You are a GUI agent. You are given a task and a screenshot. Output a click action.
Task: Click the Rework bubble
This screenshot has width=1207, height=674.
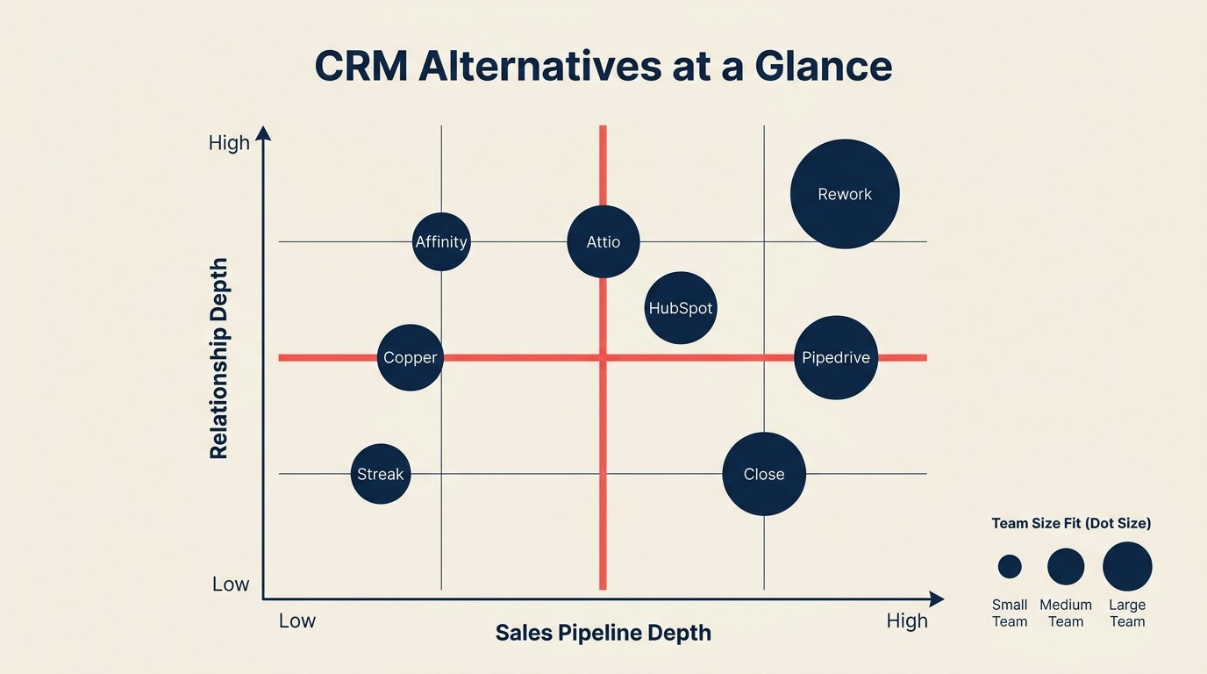845,194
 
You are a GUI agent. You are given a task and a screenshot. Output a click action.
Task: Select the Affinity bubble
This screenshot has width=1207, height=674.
441,241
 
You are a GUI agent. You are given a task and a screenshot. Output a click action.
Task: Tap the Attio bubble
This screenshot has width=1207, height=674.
603,241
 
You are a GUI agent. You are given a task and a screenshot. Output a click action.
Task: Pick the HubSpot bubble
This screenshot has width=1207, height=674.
681,308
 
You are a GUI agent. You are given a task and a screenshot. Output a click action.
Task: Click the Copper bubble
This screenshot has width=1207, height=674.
410,357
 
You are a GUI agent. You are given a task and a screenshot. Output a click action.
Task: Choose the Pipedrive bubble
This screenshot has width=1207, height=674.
836,357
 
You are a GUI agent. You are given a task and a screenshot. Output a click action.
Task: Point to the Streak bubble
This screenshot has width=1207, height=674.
381,474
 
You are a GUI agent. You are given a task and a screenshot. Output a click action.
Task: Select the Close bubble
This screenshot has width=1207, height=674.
764,474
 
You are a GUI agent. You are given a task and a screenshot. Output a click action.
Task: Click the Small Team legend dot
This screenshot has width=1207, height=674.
1010,567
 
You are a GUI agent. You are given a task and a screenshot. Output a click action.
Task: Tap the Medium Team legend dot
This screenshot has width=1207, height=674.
1066,567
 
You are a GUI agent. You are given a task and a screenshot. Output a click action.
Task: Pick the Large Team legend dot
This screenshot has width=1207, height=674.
1127,566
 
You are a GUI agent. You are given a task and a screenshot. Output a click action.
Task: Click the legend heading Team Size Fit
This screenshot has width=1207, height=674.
1071,523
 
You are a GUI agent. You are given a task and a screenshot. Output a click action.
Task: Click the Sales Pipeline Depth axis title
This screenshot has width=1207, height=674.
603,633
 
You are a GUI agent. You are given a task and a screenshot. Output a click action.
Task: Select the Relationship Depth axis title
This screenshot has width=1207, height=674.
219,358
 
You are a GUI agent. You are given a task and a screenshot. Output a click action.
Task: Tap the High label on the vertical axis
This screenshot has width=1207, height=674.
229,143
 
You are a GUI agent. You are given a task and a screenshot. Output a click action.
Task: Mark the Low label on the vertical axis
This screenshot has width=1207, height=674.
231,584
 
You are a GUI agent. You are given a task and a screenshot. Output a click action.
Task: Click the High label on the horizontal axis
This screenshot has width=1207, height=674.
906,621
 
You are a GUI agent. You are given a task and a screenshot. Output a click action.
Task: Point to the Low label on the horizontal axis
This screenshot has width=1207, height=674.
296,621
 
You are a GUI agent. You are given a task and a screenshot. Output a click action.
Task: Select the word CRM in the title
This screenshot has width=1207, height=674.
361,68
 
